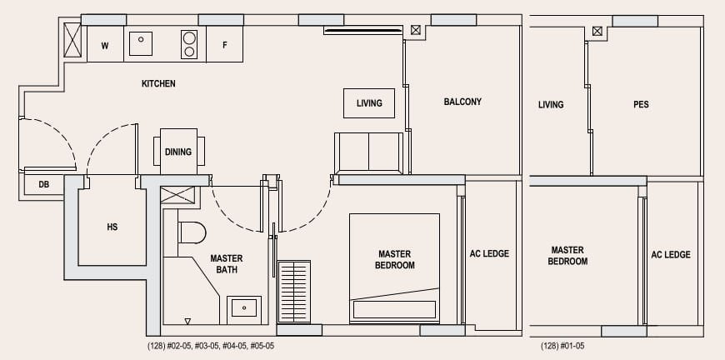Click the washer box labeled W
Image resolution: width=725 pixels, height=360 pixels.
105,44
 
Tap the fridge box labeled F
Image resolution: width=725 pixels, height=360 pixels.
225,44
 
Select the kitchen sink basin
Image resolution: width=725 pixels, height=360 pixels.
141,43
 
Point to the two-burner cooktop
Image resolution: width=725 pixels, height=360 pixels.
189,44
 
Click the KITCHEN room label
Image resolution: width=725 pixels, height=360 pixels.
158,83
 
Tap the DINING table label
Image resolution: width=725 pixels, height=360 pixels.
178,152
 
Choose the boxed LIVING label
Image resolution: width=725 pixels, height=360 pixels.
369,103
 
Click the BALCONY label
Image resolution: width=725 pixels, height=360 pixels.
462,102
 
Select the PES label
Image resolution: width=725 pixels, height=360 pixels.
641,104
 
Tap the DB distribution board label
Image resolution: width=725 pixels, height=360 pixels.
43,185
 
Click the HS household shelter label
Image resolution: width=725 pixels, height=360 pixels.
112,227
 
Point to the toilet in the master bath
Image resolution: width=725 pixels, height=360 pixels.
192,232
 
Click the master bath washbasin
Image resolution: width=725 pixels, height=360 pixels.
243,307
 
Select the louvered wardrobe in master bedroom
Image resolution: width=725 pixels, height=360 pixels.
294,291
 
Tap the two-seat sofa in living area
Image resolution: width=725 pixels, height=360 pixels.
368,152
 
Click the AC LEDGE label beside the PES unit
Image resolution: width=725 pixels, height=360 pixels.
671,255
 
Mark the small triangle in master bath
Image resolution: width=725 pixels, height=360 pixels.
187,321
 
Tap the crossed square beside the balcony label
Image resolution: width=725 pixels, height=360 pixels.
416,30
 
